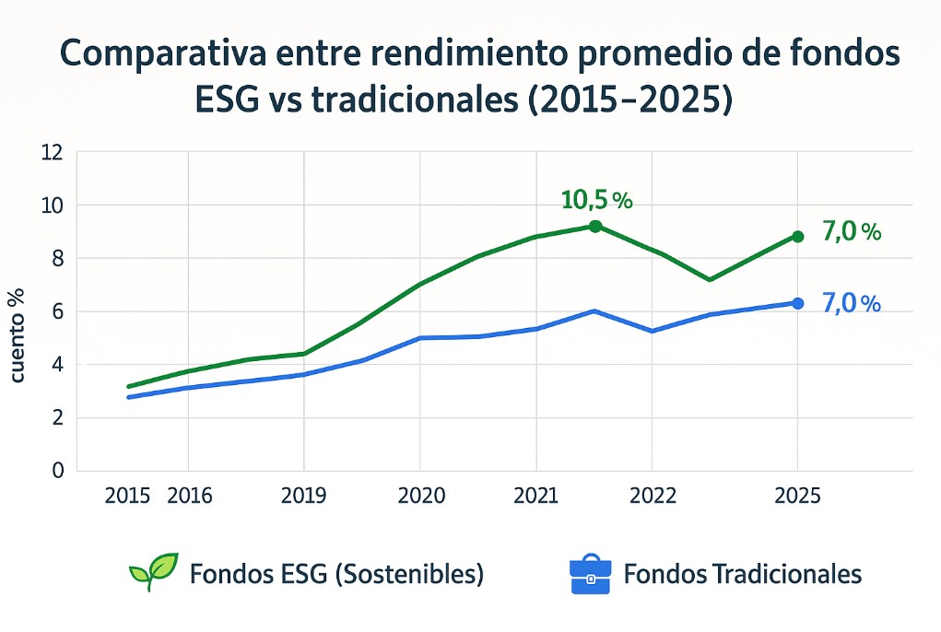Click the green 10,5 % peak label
(596, 200)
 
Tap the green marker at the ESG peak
(594, 226)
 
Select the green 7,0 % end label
(851, 232)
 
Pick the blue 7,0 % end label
(850, 303)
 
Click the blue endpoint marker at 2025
(797, 303)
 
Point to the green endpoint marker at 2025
(797, 237)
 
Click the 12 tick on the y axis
(52, 152)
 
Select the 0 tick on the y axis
(57, 471)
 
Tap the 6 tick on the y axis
(57, 311)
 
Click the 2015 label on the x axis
(128, 497)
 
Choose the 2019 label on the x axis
(303, 497)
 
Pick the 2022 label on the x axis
(653, 497)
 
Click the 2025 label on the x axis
(797, 497)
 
